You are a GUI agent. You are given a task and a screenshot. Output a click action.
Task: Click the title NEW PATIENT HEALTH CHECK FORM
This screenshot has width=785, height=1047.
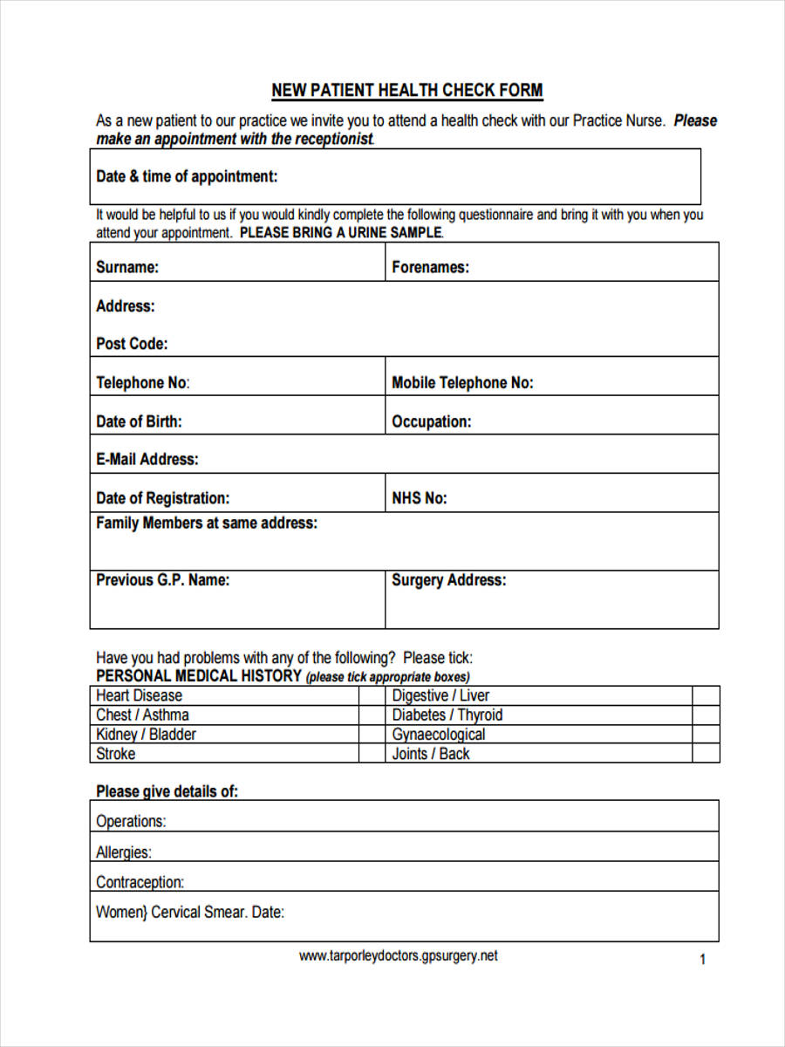(x=406, y=91)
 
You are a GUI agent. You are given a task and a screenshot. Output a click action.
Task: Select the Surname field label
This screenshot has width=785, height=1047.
(x=127, y=268)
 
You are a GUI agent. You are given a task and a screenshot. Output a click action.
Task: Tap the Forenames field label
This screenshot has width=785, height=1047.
(x=430, y=268)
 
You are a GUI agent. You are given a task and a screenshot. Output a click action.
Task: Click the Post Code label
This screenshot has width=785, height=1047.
(x=132, y=344)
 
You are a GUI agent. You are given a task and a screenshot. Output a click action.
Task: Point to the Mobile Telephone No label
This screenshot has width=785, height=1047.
(x=462, y=383)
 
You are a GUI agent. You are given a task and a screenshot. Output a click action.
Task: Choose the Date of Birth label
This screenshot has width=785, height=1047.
(x=139, y=421)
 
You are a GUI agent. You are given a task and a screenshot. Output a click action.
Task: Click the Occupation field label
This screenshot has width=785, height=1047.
(x=431, y=421)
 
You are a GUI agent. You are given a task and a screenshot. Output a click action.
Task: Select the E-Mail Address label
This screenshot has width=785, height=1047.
(x=147, y=459)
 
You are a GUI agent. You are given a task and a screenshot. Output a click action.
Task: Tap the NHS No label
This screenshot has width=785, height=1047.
(x=419, y=498)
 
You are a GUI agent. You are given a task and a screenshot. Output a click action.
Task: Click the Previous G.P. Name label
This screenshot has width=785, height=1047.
(x=162, y=580)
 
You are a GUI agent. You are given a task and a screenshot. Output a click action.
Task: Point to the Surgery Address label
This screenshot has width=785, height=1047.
(x=448, y=580)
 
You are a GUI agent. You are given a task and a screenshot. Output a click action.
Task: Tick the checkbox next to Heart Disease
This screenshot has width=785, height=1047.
(x=371, y=695)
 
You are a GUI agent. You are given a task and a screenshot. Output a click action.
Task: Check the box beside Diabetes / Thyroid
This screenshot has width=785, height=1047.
(x=706, y=715)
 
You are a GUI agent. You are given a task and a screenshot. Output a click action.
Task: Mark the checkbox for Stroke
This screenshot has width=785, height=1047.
(x=371, y=753)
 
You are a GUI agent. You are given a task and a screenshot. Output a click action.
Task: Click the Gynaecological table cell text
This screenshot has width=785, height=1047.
(x=438, y=734)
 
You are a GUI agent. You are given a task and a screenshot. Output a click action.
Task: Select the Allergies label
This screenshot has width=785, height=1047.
(x=123, y=852)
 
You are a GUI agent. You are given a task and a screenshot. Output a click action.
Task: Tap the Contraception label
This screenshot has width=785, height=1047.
(x=140, y=882)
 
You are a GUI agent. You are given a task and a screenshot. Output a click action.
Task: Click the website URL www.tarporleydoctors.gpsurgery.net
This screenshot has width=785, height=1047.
(x=398, y=955)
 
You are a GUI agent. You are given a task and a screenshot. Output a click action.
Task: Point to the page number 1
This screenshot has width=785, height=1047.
(x=702, y=960)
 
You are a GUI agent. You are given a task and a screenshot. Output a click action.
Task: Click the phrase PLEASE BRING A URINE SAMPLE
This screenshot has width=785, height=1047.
(x=341, y=233)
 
